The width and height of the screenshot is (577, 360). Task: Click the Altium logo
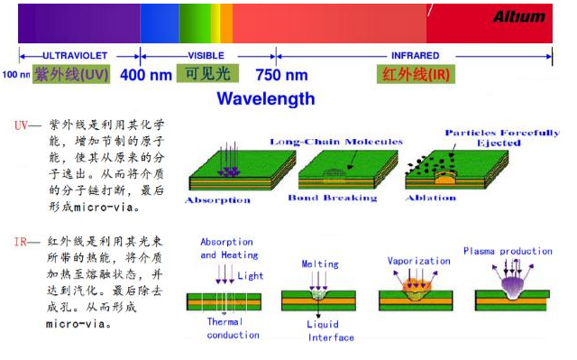[518, 17]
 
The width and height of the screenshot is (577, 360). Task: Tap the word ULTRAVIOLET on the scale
[77, 56]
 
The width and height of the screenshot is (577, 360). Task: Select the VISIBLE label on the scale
[206, 56]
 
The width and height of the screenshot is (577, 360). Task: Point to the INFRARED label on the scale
[416, 56]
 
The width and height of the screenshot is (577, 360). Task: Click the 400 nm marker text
[145, 76]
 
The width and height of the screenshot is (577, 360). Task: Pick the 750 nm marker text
[281, 76]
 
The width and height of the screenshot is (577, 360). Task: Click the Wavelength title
[266, 98]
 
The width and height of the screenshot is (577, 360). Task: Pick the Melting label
[320, 264]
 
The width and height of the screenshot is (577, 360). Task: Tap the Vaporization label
[418, 261]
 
